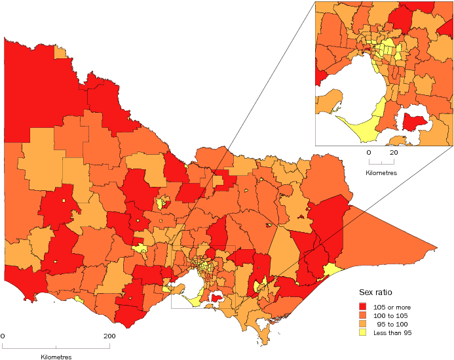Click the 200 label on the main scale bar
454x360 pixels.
pos(108,336)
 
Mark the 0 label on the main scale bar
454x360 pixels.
pos(3,336)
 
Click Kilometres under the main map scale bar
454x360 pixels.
pos(56,357)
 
